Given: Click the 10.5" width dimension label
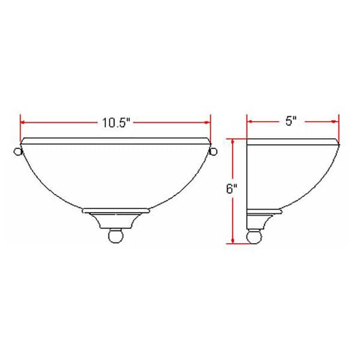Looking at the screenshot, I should (x=116, y=122).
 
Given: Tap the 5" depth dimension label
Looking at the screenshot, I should (x=292, y=122).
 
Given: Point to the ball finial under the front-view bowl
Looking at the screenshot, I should (x=116, y=236).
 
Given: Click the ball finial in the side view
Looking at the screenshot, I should (x=253, y=236).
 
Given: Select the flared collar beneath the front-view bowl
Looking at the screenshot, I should (x=116, y=215).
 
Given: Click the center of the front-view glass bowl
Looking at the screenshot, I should (x=116, y=177).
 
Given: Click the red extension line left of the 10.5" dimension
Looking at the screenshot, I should (x=21, y=127).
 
